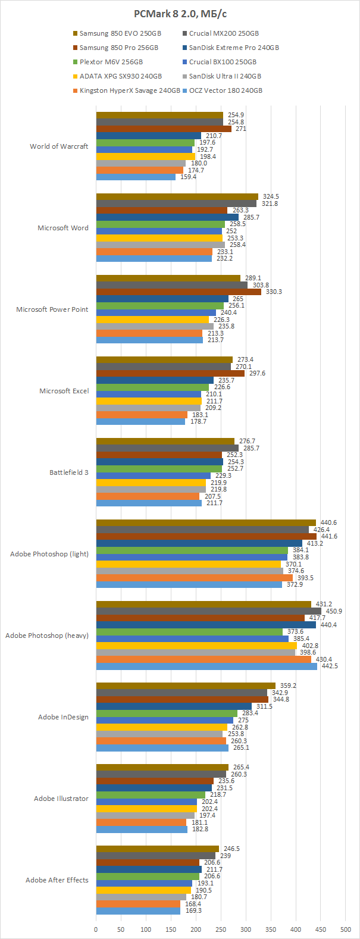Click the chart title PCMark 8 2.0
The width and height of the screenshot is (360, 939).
pos(180,14)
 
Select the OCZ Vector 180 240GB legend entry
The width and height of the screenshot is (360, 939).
pos(226,90)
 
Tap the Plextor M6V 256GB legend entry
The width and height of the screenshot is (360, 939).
pos(111,62)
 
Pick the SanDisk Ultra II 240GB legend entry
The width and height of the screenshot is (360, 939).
pos(225,76)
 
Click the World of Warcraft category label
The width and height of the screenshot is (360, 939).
pos(59,146)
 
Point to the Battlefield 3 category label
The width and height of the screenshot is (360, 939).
pos(69,472)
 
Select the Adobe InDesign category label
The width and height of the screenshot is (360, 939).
pos(63,717)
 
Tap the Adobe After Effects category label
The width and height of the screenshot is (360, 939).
pos(57,880)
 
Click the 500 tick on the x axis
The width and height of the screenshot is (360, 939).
pos(346,929)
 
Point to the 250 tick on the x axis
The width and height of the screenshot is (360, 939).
pos(221,929)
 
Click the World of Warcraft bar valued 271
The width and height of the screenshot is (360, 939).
pos(164,129)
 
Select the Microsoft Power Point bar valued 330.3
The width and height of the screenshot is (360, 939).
pos(179,292)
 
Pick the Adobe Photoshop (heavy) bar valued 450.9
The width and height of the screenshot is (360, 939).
pos(208,611)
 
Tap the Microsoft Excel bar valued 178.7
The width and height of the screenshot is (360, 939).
pos(140,422)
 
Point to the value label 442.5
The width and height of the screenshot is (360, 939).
pos(329,666)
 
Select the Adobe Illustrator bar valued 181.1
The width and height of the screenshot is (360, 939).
pos(141,822)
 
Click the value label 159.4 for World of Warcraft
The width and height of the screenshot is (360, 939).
pos(187,177)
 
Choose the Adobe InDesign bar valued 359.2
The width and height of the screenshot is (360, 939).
pos(186,686)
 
